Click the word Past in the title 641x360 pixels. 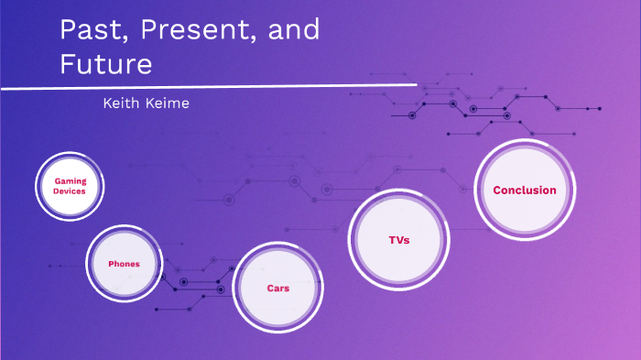point(84,30)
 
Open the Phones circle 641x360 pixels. point(124,263)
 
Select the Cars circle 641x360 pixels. point(277,288)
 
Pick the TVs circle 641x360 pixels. point(397,239)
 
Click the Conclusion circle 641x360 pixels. point(524,191)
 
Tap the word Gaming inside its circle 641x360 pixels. point(70,181)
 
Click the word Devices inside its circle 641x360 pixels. point(70,191)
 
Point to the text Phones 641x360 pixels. point(124,264)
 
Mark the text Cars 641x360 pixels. point(277,288)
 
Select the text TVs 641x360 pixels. point(397,239)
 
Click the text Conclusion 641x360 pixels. point(524,191)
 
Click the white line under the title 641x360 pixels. point(211,87)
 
